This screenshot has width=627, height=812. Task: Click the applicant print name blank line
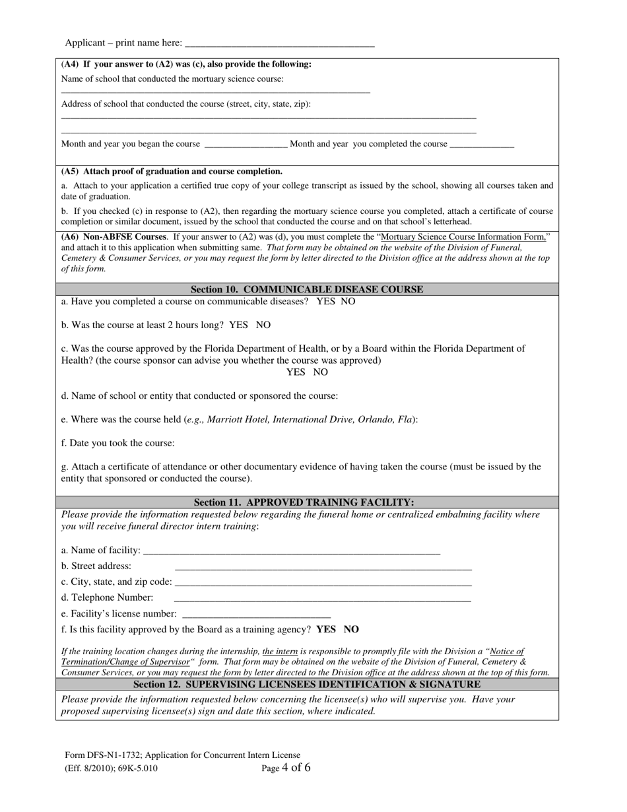point(280,44)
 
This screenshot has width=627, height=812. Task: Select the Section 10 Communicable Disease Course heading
point(307,289)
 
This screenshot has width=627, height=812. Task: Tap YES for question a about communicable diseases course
point(325,301)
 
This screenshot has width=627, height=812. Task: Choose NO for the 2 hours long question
point(263,325)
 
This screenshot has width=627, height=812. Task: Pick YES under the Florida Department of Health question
point(296,372)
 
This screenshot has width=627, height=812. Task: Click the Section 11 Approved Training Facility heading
point(304,502)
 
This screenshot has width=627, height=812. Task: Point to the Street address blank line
point(323,567)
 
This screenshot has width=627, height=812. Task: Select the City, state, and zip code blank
point(323,583)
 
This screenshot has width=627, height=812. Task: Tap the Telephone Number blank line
point(322,599)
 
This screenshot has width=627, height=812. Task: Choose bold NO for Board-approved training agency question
point(352,629)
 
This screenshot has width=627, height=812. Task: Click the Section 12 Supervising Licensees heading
point(307,685)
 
